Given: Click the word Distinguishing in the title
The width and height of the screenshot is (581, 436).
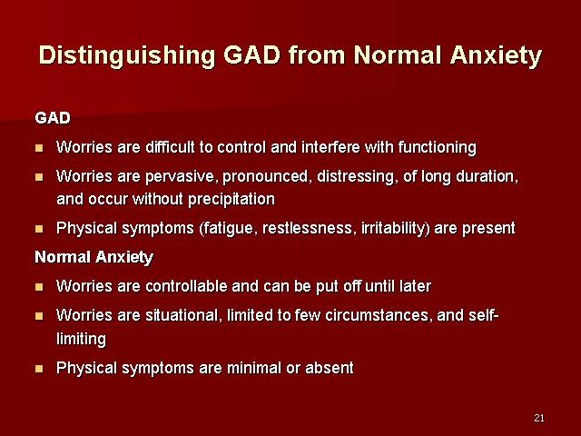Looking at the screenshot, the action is tap(127, 56).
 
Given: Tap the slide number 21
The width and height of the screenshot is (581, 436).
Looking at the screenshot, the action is tap(539, 418).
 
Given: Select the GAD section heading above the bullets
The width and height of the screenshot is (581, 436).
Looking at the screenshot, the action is tap(53, 118).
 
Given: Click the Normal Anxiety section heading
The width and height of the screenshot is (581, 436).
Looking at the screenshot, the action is tap(94, 257).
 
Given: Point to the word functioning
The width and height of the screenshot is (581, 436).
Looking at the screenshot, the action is tap(438, 148).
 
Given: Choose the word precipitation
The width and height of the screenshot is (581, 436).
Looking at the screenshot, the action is tap(231, 200).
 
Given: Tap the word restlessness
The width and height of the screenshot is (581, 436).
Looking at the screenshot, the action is tap(307, 228).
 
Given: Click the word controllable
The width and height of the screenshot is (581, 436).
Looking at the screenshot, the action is tap(186, 286).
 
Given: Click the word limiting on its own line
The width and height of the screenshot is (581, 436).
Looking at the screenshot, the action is tap(81, 339).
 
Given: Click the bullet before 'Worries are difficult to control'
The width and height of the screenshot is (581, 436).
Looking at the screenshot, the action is tap(39, 148).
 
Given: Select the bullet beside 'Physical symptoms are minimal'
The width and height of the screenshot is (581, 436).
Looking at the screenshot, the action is tap(39, 369).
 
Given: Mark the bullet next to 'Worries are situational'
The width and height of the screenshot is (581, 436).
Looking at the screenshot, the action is tap(39, 316).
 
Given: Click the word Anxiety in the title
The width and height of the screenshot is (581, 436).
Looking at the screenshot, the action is tap(497, 56).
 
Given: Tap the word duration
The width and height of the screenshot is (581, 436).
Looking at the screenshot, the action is tap(487, 176).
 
